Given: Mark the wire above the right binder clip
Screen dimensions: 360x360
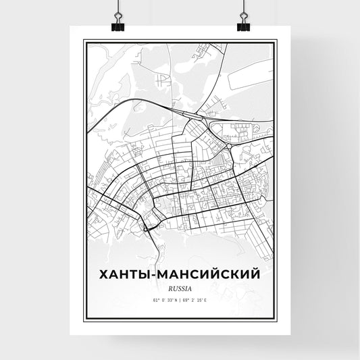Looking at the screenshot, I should [242, 7].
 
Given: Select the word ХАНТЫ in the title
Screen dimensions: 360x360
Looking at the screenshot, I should [126, 276].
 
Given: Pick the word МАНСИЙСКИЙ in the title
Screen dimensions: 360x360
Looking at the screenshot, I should [211, 276].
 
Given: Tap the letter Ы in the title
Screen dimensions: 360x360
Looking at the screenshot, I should [147, 276].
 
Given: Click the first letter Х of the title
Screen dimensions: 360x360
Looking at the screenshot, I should [103, 276].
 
